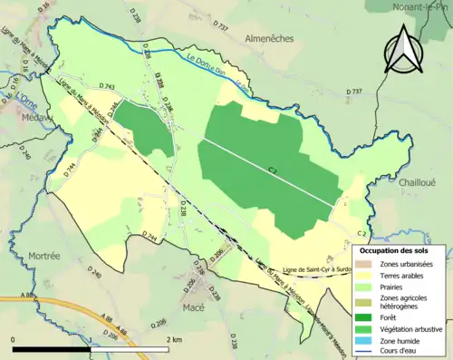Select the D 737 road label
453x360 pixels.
355,92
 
